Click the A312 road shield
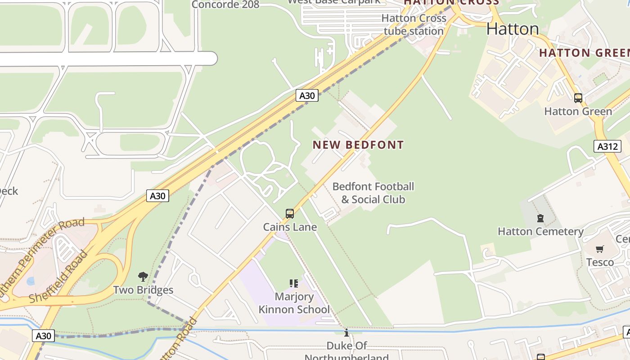[607, 146]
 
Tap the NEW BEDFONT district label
[358, 145]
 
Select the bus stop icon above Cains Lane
[290, 213]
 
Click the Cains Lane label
[290, 227]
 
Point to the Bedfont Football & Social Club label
[373, 193]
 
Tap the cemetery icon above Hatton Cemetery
[540, 219]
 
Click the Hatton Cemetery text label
[540, 231]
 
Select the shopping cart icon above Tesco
[599, 249]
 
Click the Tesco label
[600, 262]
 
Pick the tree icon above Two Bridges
[143, 276]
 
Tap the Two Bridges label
[143, 290]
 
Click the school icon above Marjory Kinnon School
[294, 283]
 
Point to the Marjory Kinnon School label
[294, 303]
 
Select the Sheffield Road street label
[58, 277]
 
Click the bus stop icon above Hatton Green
[578, 98]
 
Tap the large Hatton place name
[513, 29]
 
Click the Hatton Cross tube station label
[414, 25]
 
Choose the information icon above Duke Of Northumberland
[346, 333]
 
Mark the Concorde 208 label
[225, 4]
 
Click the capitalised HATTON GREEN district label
[584, 53]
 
